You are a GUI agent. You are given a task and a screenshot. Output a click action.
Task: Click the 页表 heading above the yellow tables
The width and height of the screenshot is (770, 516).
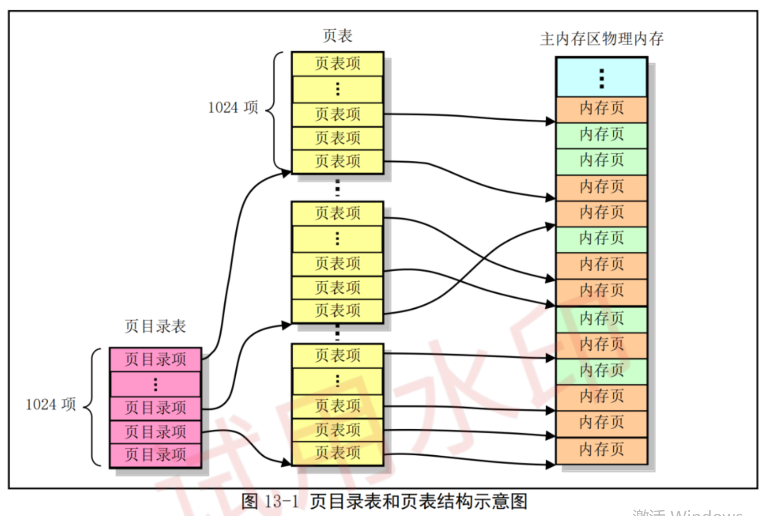click(x=337, y=36)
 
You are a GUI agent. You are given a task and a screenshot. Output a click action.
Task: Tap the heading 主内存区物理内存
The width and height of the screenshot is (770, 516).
click(x=601, y=39)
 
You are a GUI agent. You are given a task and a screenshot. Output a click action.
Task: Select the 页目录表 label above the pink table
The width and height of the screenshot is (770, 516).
click(x=155, y=326)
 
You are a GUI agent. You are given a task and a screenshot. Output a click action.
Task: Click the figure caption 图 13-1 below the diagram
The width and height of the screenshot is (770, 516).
click(x=384, y=501)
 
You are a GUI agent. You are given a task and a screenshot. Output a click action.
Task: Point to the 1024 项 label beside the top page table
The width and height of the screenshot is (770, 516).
click(x=233, y=108)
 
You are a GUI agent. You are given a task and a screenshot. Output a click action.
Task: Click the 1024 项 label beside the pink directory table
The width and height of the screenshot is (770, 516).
click(x=51, y=404)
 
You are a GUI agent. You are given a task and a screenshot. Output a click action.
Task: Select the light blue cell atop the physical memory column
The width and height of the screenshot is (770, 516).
click(x=601, y=77)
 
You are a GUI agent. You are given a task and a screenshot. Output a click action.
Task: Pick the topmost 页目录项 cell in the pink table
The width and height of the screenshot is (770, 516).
click(x=155, y=359)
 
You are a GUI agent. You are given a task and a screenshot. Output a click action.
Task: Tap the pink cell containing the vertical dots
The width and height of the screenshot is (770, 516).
click(x=155, y=384)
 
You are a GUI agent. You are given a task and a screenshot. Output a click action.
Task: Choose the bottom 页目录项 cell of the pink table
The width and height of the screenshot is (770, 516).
click(x=155, y=455)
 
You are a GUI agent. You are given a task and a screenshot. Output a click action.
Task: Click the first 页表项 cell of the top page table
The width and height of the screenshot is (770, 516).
click(x=337, y=64)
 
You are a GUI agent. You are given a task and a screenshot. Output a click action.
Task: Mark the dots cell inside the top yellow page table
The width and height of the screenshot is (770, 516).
click(x=337, y=89)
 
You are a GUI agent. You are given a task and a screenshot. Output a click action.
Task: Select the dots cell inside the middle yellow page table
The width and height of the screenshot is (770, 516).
click(x=337, y=239)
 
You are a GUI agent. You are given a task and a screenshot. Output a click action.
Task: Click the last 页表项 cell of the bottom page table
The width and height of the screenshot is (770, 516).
click(x=337, y=453)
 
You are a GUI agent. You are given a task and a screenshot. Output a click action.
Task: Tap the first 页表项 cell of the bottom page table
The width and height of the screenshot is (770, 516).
click(x=337, y=356)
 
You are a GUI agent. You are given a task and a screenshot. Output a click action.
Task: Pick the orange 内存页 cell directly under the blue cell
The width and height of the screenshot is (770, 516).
click(x=601, y=109)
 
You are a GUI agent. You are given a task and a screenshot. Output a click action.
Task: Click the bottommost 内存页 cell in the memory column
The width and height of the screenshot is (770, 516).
click(x=601, y=450)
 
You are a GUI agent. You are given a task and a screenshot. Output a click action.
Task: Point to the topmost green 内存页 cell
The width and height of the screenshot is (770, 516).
click(x=601, y=135)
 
